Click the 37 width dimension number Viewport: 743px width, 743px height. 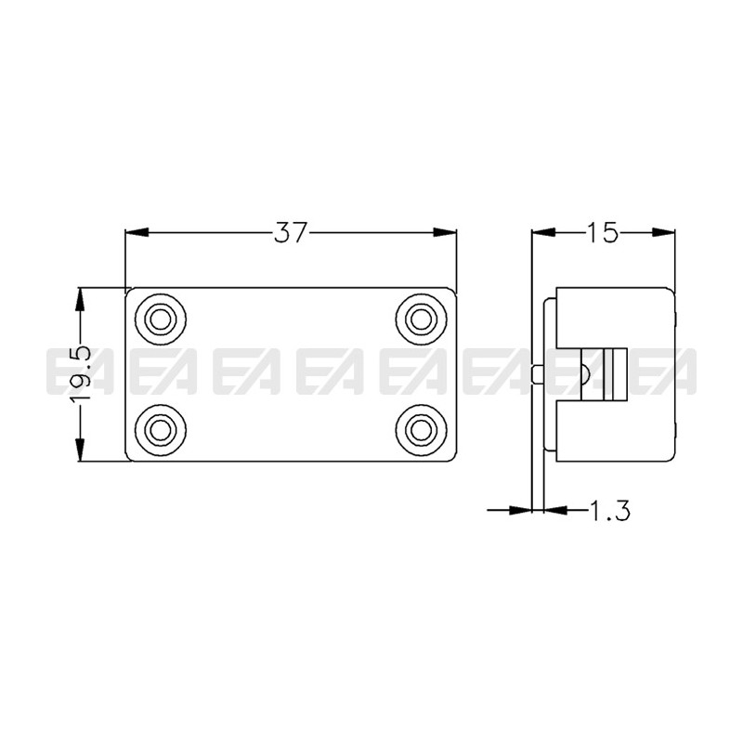(290, 233)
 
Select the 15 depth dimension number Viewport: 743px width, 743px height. (602, 233)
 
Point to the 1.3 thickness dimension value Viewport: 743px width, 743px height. (609, 509)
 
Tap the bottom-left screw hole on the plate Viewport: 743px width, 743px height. (161, 428)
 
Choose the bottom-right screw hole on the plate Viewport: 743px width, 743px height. (421, 428)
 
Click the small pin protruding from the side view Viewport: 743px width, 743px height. (540, 373)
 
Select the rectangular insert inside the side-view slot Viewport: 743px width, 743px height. (614, 373)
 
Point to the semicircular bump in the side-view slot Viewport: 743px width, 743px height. (583, 373)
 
